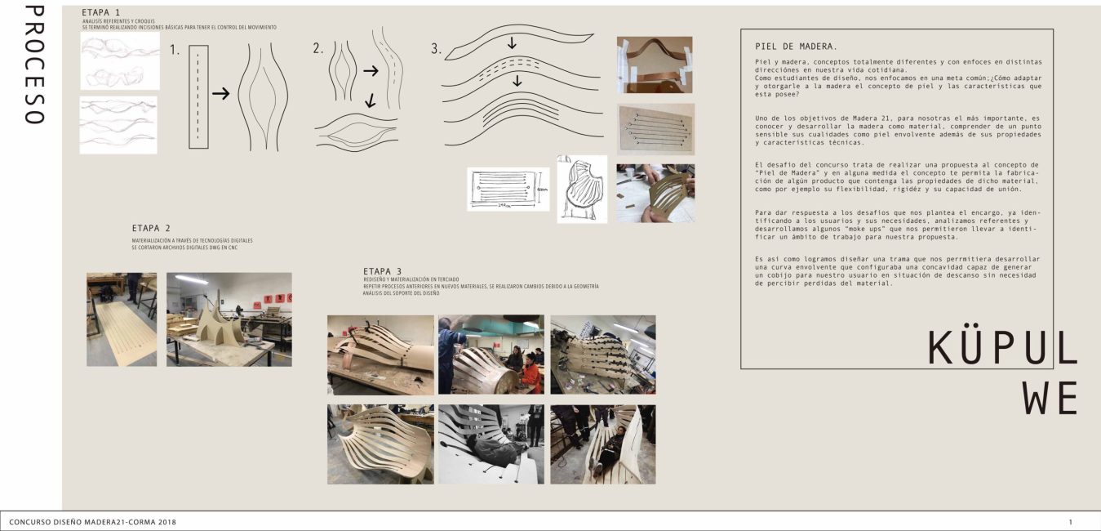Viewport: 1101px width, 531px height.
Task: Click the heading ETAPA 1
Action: point(101,13)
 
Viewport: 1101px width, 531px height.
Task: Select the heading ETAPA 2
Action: point(151,228)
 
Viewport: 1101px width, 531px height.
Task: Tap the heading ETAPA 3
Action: point(382,271)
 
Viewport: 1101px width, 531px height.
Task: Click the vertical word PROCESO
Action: point(33,65)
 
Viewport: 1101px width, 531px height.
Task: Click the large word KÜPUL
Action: point(1002,350)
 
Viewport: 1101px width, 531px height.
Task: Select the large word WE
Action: point(1050,399)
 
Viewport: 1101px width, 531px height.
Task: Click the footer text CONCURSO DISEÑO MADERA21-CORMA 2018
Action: point(92,521)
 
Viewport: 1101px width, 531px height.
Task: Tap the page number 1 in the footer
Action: point(1071,521)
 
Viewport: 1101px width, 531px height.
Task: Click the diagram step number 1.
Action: point(175,51)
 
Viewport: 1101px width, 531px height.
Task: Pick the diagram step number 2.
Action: point(318,49)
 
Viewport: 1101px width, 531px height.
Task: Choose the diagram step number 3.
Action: point(437,49)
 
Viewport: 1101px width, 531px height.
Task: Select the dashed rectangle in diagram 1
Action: point(198,96)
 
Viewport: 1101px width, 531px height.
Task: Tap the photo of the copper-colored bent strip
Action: point(655,65)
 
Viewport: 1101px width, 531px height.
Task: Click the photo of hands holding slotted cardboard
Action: point(655,194)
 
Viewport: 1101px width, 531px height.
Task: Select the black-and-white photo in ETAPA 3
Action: point(491,444)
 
